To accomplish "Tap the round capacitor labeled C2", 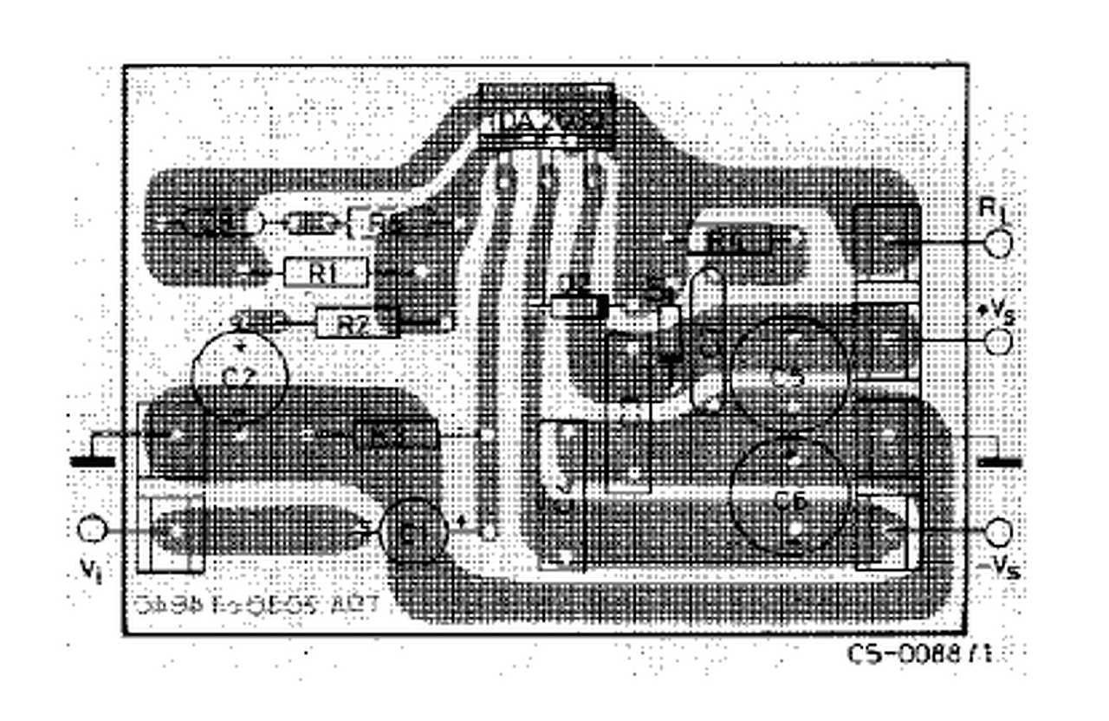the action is [x=239, y=374].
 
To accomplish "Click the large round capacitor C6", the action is [x=789, y=499].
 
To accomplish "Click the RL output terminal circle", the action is [x=998, y=245].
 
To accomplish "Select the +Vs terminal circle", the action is [x=998, y=341].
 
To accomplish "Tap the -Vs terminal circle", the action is [x=998, y=531].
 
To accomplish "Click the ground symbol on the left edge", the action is [x=92, y=461].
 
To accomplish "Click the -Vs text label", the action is [x=998, y=568].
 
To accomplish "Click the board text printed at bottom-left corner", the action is [x=258, y=606].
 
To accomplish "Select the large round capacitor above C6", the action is [x=789, y=374].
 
